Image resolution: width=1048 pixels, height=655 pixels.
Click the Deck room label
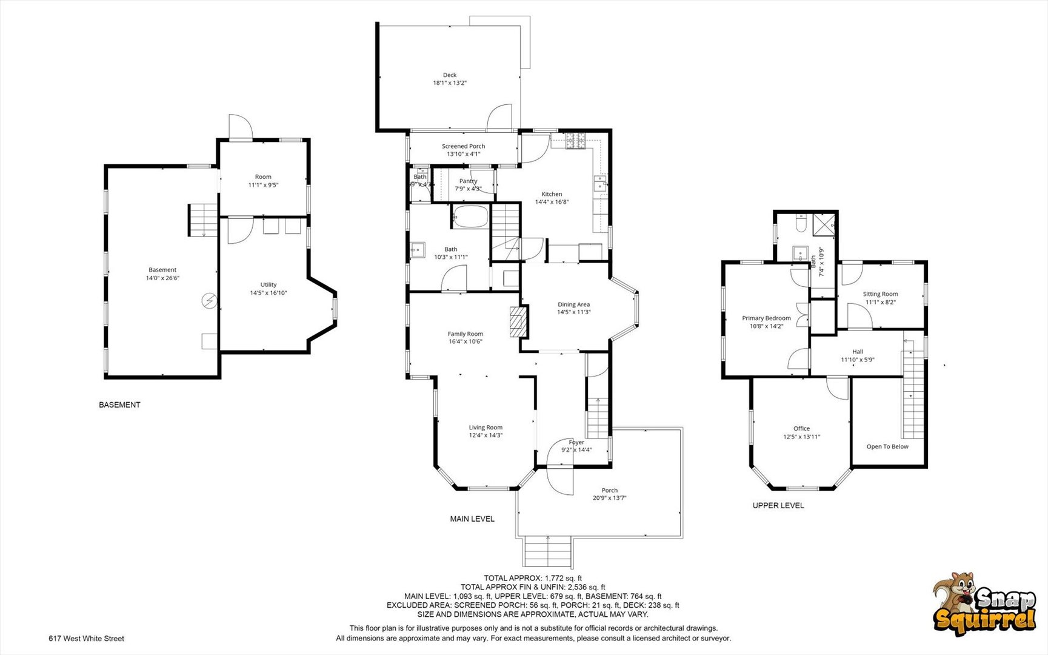449,75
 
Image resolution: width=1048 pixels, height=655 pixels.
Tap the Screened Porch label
463,146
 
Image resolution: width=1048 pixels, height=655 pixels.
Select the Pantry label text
468,181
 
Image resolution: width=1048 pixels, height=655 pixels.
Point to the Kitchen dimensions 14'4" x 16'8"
552,202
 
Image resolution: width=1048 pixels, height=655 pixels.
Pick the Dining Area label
573,304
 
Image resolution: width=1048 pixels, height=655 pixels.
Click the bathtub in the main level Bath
469,217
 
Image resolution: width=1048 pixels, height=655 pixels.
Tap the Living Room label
486,428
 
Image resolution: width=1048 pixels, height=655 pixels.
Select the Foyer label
576,442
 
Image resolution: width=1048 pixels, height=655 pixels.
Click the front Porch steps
548,551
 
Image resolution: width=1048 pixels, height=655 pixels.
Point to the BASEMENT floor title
119,405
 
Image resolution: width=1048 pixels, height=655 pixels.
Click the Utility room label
269,284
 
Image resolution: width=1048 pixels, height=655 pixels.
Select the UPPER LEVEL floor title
778,505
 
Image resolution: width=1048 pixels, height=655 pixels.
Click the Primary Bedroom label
766,318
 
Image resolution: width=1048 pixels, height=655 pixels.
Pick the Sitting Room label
880,294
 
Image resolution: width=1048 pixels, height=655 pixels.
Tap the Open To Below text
887,447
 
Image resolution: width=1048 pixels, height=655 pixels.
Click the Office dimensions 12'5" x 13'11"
801,437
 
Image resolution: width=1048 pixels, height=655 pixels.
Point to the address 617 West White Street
87,639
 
